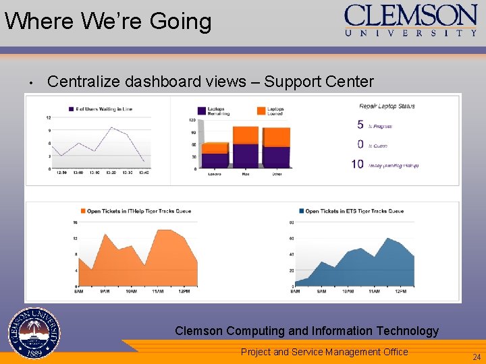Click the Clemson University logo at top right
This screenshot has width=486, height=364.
click(x=410, y=20)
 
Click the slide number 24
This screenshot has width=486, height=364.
click(x=476, y=357)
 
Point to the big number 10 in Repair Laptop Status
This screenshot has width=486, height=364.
click(x=357, y=164)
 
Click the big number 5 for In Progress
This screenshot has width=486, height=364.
click(x=360, y=125)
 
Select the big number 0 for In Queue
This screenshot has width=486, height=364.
click(x=360, y=144)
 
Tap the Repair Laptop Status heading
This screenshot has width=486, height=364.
click(x=387, y=106)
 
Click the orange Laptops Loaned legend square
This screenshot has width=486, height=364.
click(x=261, y=111)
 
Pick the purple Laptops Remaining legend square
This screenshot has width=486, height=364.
click(x=202, y=111)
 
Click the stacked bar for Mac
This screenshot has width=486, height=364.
click(x=245, y=146)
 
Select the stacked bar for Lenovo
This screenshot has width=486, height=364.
click(x=215, y=154)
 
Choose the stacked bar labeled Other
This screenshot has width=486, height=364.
click(x=276, y=147)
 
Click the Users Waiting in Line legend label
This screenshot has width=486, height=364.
click(x=105, y=109)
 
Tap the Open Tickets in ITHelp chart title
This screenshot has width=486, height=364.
click(x=139, y=211)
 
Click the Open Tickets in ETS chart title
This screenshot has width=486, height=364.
click(x=354, y=211)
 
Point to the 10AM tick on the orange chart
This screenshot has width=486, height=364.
click(x=132, y=291)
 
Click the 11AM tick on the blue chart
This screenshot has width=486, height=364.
click(x=373, y=291)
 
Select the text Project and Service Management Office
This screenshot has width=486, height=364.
click(x=324, y=352)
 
